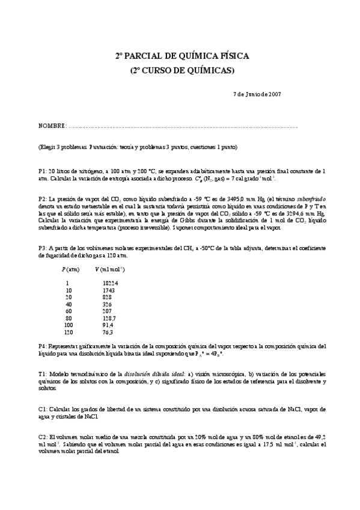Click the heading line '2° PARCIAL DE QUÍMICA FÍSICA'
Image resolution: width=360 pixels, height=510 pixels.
182,56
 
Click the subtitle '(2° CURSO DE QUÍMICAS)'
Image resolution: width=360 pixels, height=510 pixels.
182,70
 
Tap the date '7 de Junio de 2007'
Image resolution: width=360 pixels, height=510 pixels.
257,94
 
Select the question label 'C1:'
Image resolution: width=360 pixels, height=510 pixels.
43,409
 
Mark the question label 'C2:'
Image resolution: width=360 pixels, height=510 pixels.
43,437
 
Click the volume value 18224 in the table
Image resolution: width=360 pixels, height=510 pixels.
110,283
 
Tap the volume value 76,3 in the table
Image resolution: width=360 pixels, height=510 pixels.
108,332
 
